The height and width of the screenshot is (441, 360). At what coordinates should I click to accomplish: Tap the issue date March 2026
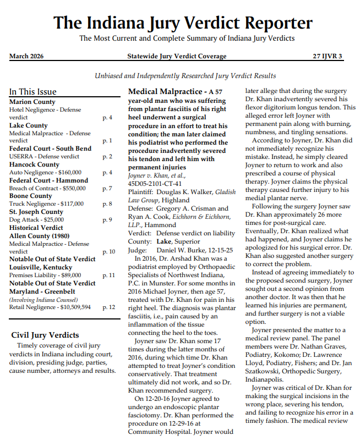(x=26, y=56)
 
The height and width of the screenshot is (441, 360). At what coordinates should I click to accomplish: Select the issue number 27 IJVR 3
(x=328, y=56)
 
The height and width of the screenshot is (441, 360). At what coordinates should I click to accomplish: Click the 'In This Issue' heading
(x=32, y=92)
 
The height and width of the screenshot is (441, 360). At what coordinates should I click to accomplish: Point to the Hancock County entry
(x=34, y=164)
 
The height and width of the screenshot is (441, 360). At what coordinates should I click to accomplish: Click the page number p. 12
(x=108, y=307)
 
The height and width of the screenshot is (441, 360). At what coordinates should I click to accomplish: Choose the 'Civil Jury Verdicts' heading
(x=45, y=335)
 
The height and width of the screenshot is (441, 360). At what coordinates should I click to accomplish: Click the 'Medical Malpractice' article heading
(x=164, y=91)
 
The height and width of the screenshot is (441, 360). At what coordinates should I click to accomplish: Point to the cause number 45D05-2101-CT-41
(x=155, y=183)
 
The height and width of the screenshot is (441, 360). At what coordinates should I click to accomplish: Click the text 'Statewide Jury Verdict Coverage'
(x=177, y=56)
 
